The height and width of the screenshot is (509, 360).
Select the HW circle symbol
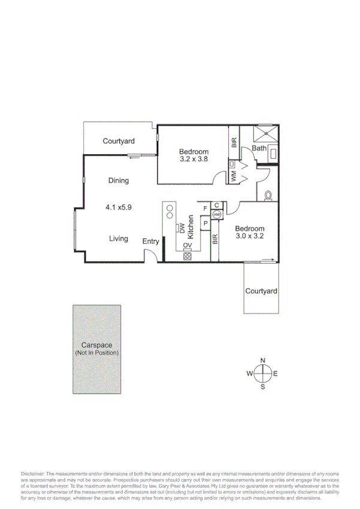[x=216, y=214]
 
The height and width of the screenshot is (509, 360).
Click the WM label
[x=233, y=177]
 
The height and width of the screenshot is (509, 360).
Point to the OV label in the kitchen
[x=187, y=246]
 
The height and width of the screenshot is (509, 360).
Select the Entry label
[x=151, y=242]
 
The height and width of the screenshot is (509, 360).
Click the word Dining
[x=119, y=180]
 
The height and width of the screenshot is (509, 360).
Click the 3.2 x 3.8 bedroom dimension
[x=193, y=159]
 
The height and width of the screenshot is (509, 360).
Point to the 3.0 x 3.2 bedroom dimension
[x=250, y=237]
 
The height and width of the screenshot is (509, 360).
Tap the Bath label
[x=259, y=148]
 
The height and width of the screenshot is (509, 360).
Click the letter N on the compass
[x=262, y=360]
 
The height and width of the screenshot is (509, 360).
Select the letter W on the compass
[x=249, y=374]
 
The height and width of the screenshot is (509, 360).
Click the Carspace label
[x=97, y=345]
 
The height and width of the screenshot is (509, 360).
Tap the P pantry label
[x=205, y=224]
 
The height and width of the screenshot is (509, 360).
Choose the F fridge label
[x=205, y=208]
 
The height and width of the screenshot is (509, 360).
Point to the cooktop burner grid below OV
[x=187, y=256]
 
